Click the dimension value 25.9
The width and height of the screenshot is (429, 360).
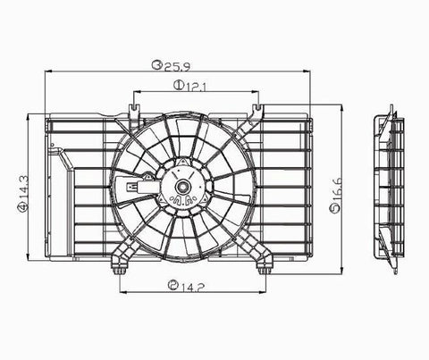tap(177, 66)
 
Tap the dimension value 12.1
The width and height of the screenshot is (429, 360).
tap(196, 87)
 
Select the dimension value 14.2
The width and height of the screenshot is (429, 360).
tap(193, 287)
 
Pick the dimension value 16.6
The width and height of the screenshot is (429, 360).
tap(336, 190)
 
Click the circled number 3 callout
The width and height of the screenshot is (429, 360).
tap(156, 64)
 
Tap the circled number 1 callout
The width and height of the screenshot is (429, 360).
tap(179, 86)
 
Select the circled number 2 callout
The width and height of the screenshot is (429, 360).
tap(172, 286)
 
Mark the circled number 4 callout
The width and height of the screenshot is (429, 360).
tap(22, 207)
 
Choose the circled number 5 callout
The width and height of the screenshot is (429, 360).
tap(335, 209)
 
